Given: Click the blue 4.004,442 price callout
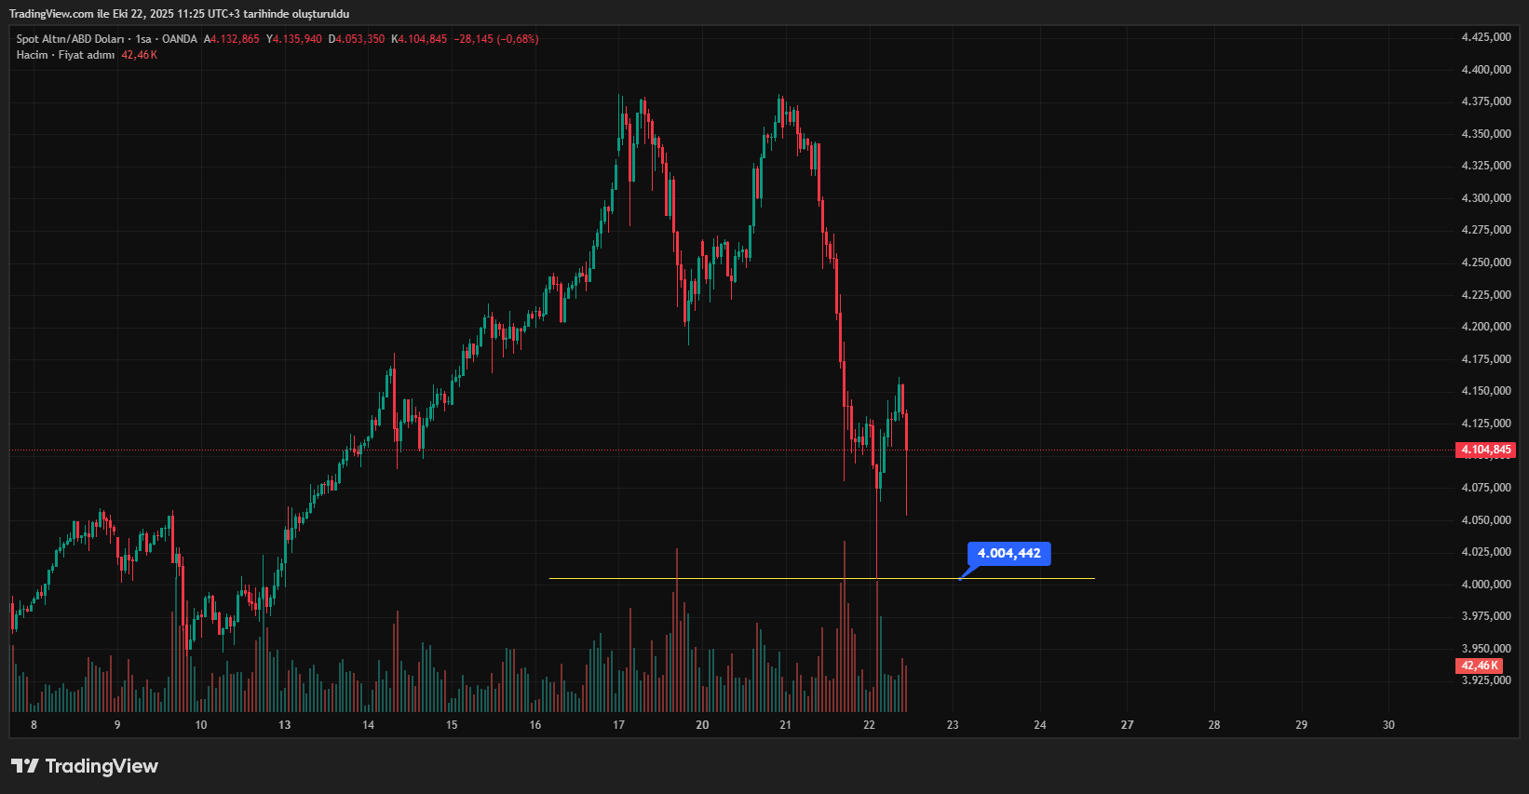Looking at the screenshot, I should coord(1009,554).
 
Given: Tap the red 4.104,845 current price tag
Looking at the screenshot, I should coord(1485,451).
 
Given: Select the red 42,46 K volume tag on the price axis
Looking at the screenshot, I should coord(1479,666).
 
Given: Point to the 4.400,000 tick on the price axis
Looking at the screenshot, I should coord(1486,70).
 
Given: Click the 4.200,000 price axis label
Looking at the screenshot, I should coord(1486,327).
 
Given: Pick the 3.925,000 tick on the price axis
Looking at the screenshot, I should coord(1486,680).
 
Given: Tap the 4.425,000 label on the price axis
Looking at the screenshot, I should coord(1486,37).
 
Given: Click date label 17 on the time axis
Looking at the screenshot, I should coord(619,725).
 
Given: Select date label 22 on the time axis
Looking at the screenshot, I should coord(870,725).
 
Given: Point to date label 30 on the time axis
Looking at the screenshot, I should coord(1388,725).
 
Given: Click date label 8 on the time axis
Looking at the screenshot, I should coord(34,725).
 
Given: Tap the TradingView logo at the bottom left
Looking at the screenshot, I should coord(85,766).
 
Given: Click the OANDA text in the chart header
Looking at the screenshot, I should coord(180,39).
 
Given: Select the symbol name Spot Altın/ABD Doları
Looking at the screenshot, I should coord(70,39).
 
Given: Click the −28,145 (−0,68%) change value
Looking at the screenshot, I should coord(496,39).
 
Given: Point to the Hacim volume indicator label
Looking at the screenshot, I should coord(32,55).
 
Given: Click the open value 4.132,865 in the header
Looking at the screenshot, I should coord(235,39).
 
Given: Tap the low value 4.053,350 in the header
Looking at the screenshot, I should coord(359,39).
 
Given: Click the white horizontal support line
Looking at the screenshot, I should coord(745,579).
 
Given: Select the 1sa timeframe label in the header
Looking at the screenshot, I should coord(143,39).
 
